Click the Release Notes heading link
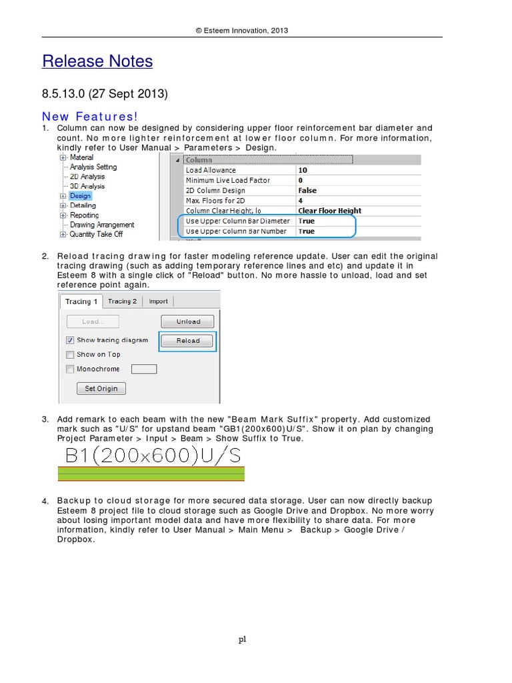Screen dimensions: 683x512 (97, 61)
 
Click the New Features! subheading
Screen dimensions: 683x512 (89, 116)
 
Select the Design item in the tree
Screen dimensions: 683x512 (80, 196)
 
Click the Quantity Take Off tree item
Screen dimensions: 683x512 (96, 234)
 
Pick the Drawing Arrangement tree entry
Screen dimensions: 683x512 (102, 225)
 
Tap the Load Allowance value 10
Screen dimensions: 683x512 (303, 170)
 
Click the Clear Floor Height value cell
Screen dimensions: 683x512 (329, 211)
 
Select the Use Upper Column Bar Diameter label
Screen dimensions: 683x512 (237, 221)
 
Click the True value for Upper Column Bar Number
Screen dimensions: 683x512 (307, 231)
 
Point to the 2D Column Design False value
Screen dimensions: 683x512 (307, 190)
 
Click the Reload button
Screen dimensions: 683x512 (188, 341)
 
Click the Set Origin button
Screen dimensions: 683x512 (101, 388)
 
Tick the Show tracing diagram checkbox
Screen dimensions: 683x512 (70, 340)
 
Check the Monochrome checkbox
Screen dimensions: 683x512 (70, 369)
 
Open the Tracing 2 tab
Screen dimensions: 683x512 (122, 301)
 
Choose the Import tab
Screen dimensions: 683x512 (159, 301)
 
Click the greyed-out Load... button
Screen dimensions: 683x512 (93, 321)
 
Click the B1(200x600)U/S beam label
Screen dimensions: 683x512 (151, 456)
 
